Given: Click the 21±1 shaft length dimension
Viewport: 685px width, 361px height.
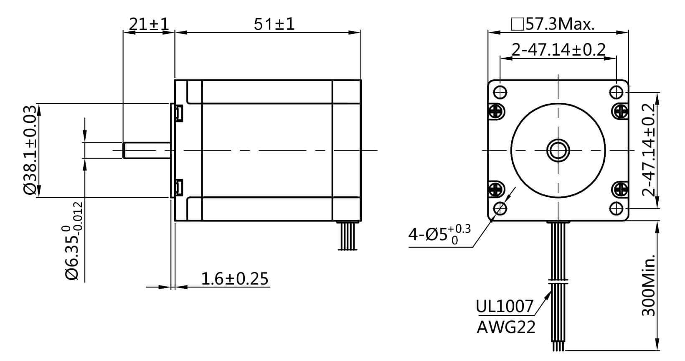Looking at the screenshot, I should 149,24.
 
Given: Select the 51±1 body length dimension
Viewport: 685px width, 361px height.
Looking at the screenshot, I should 274,24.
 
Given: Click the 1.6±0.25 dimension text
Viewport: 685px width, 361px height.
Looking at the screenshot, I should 234,279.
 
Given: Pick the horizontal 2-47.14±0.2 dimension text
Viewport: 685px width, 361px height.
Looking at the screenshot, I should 558,50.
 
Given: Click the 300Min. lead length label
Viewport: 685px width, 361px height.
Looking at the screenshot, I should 649,285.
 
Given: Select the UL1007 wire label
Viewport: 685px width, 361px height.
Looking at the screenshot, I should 505,306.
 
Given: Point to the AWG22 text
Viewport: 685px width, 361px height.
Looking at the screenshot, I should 506,327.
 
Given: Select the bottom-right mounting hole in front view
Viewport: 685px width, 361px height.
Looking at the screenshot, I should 616,208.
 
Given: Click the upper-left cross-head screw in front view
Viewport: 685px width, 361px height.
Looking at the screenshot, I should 496,111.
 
